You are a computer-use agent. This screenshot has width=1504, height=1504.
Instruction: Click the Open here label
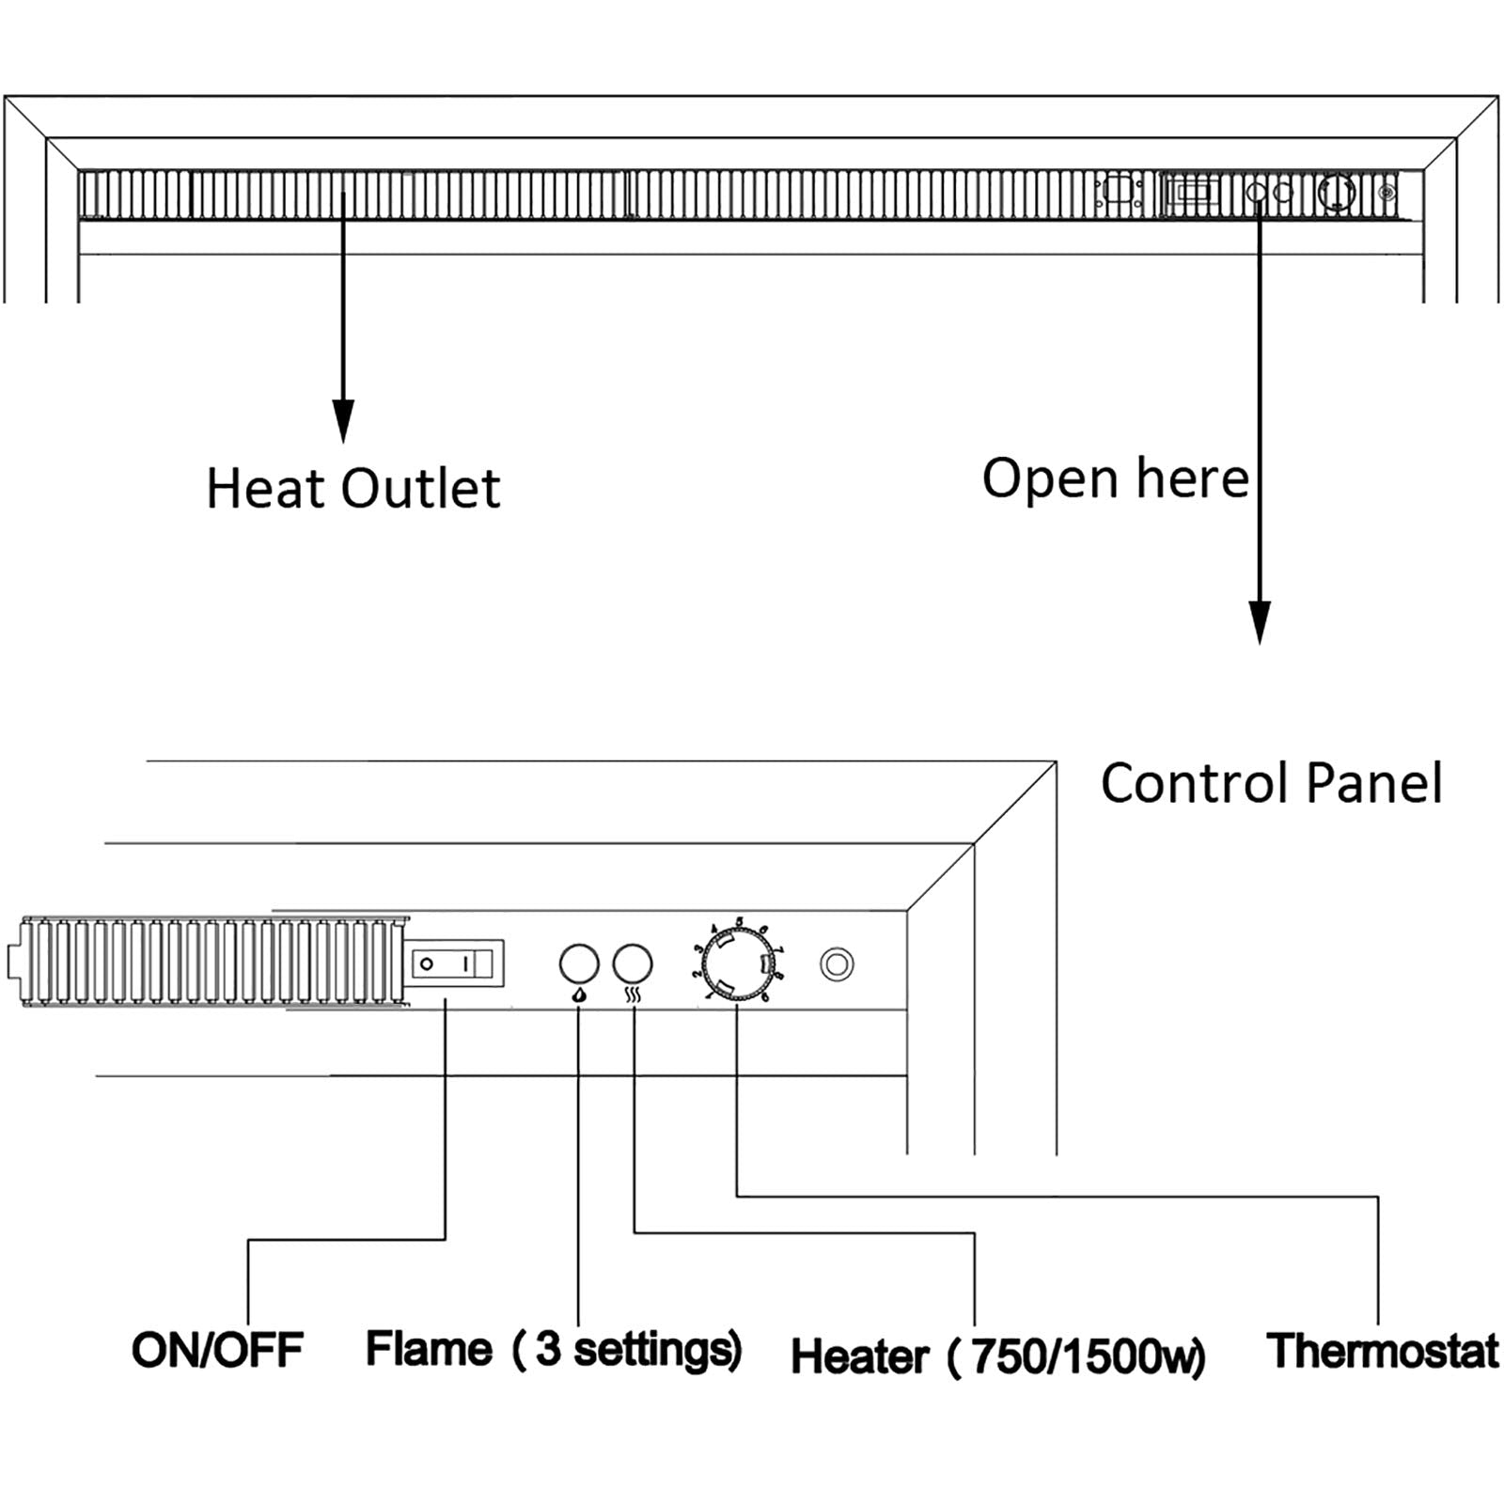1115,478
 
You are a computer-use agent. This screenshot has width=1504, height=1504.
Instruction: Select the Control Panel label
1271,783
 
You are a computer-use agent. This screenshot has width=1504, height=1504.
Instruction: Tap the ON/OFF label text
217,1350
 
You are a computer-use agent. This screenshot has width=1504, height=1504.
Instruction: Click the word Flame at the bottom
429,1349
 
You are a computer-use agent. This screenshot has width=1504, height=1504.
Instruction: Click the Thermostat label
1382,1351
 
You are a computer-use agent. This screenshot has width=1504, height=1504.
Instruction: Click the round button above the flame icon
579,963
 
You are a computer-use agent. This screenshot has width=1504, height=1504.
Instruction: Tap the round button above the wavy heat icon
633,963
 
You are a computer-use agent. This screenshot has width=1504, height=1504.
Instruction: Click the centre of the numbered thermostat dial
737,963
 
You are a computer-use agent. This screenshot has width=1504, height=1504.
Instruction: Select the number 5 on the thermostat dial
740,921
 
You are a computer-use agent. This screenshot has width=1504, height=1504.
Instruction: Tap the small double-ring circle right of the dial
837,964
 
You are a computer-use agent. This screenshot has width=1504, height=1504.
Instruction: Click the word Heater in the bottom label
859,1356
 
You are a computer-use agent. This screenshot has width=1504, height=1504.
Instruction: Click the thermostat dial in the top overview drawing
1337,192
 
